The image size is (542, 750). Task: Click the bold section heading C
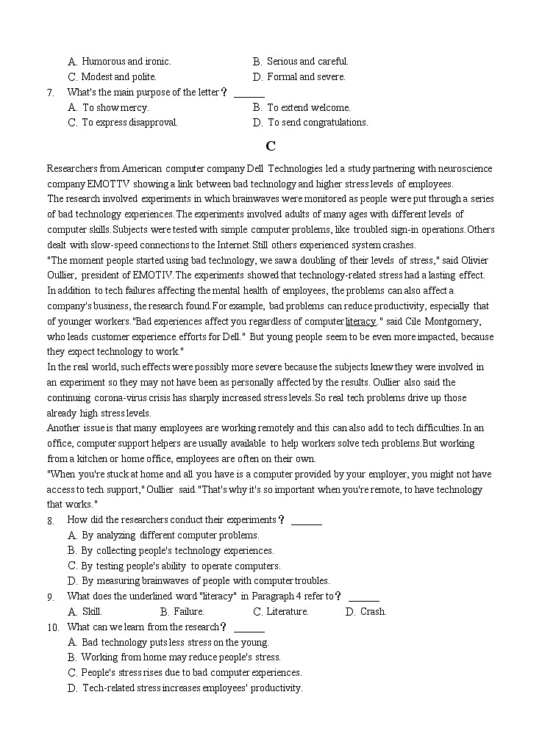[x=271, y=145]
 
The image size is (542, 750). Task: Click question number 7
[x=50, y=93]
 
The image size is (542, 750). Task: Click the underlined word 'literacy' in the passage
[x=360, y=321]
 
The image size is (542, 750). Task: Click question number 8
[x=50, y=521]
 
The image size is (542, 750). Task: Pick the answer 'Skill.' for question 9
[x=92, y=612]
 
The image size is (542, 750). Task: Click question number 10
[x=52, y=627]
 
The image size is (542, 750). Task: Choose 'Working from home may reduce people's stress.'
[x=181, y=657]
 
